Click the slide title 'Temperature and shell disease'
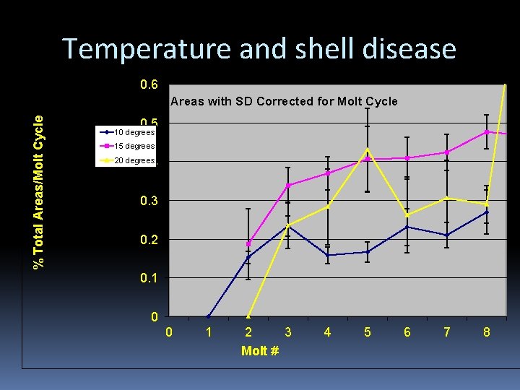259,48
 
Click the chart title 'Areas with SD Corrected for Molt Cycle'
284,101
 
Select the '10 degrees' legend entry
134,132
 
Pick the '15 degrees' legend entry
134,146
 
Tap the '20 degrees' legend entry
134,160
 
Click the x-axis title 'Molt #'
260,351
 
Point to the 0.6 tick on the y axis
149,84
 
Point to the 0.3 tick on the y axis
149,200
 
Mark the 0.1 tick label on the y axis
149,278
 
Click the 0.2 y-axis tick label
149,239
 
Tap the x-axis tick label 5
368,332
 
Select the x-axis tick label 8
487,332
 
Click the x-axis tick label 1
209,332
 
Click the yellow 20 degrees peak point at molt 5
368,150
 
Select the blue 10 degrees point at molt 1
209,316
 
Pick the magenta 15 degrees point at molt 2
248,243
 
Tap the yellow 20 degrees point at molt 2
248,316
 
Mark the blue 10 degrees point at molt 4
328,255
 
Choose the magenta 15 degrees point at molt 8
487,131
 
